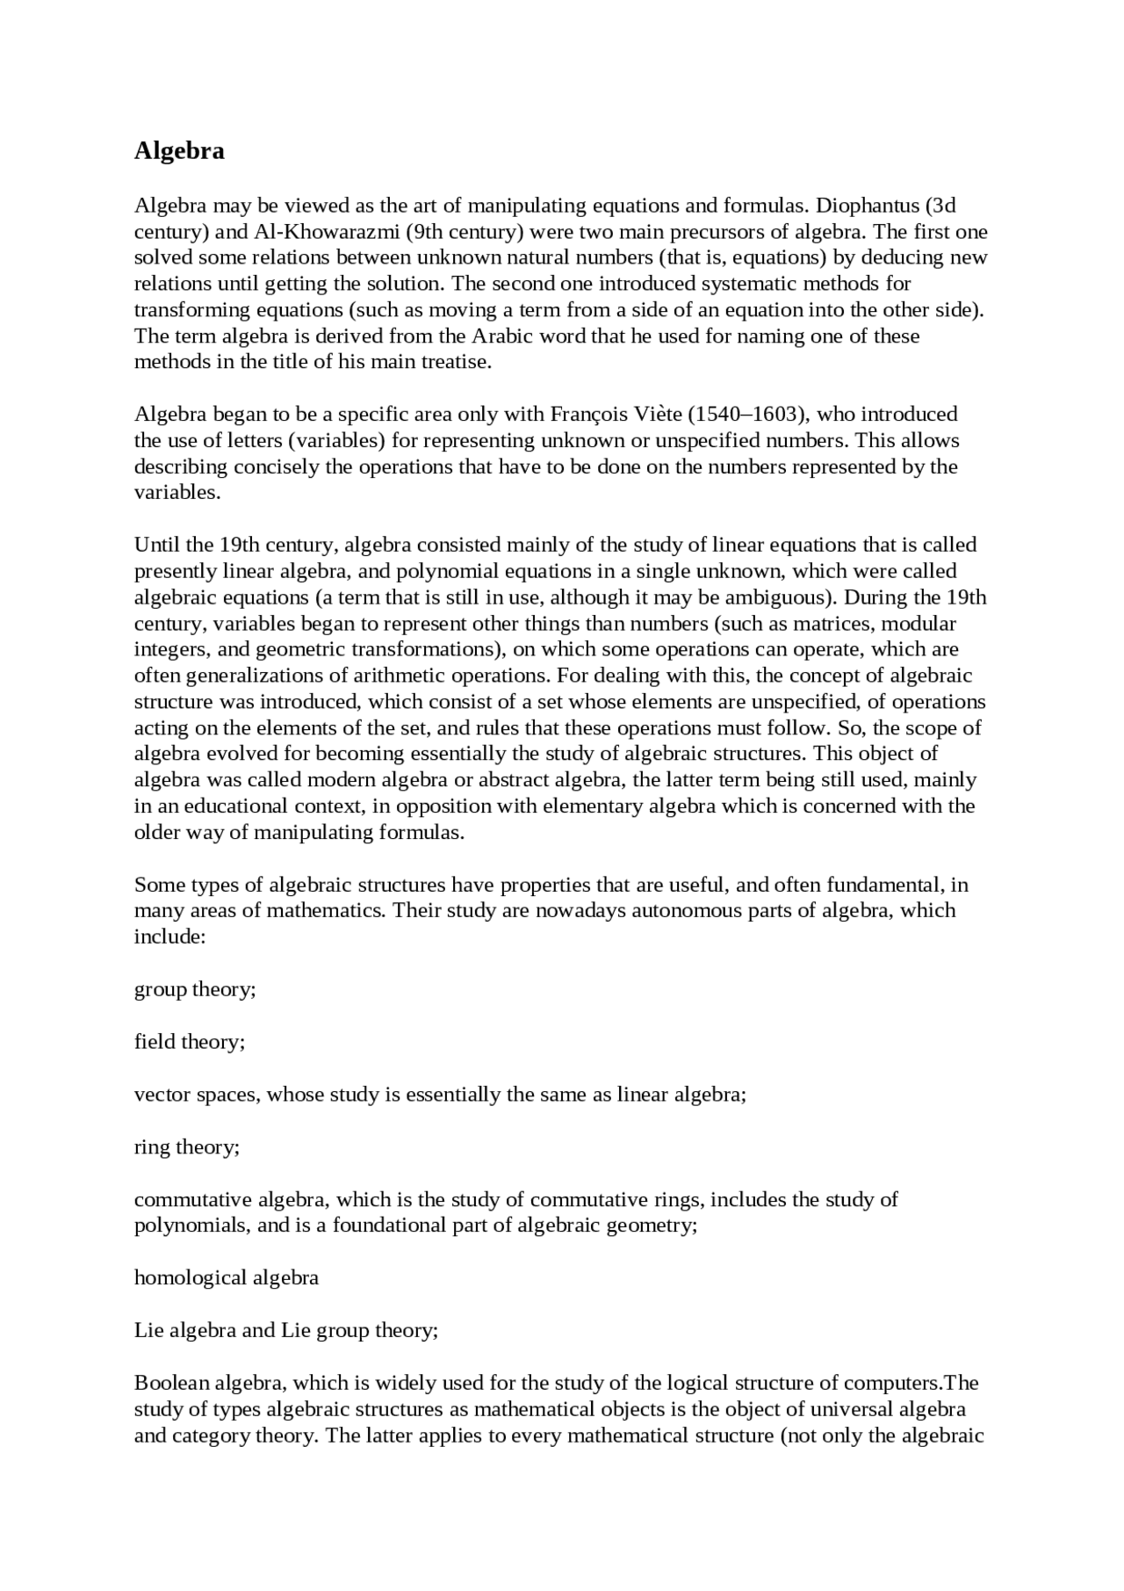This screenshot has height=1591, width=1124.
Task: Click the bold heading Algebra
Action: [179, 151]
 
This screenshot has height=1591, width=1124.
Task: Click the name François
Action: [588, 414]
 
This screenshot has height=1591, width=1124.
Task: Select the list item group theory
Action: [195, 989]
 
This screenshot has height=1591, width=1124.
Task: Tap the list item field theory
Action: [190, 1042]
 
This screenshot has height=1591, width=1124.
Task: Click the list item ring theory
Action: [187, 1147]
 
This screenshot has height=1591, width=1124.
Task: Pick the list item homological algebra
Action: [227, 1277]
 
